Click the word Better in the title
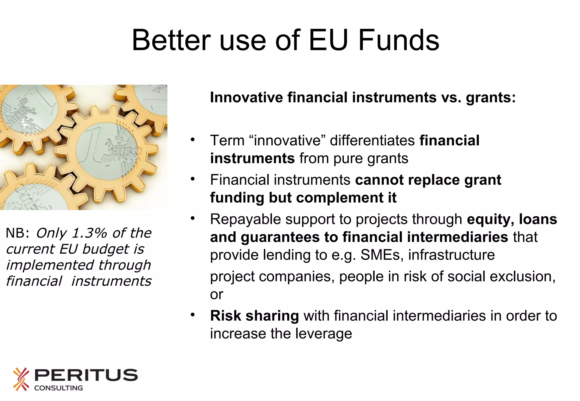tap(171, 40)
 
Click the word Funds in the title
tap(399, 40)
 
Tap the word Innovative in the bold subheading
tap(246, 98)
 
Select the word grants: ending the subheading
tap(491, 98)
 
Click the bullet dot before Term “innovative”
tap(193, 140)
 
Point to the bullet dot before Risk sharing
tap(193, 315)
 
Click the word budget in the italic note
tap(106, 249)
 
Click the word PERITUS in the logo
tap(86, 375)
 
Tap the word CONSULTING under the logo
tap(58, 388)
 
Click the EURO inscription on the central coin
tap(125, 152)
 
